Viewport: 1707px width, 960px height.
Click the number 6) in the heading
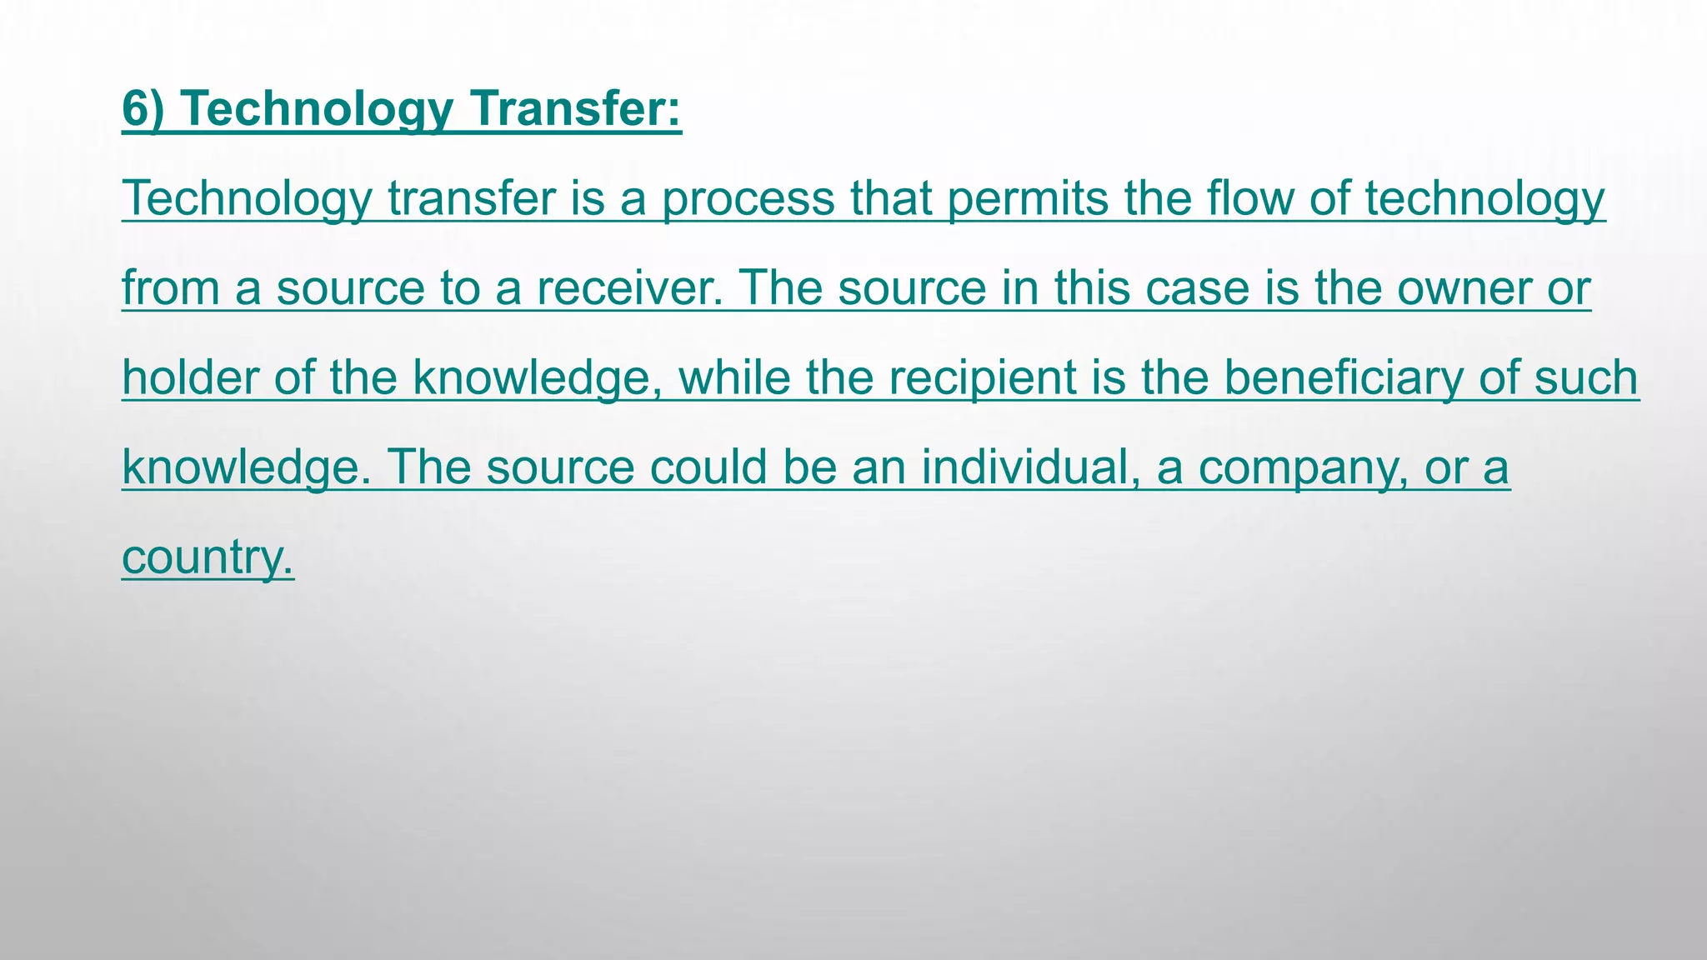(143, 109)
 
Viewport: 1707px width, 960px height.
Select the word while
(734, 377)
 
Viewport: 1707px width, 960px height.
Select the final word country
(208, 557)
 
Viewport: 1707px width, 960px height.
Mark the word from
(171, 288)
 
